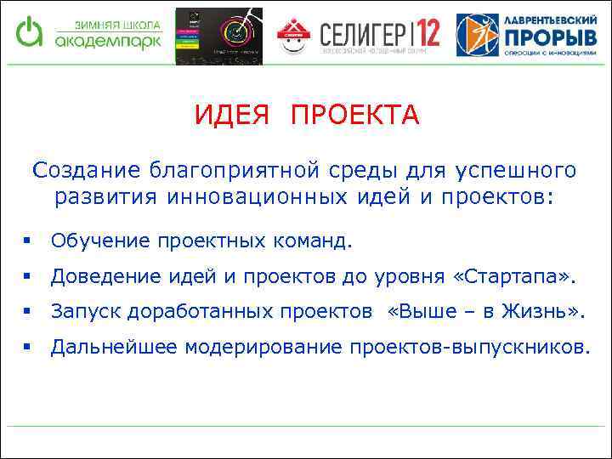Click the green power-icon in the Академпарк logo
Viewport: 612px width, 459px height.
point(30,32)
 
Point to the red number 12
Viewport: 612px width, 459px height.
point(425,35)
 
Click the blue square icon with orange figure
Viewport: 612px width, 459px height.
point(478,35)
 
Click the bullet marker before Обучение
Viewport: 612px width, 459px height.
point(28,241)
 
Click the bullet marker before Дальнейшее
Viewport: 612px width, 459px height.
point(28,347)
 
